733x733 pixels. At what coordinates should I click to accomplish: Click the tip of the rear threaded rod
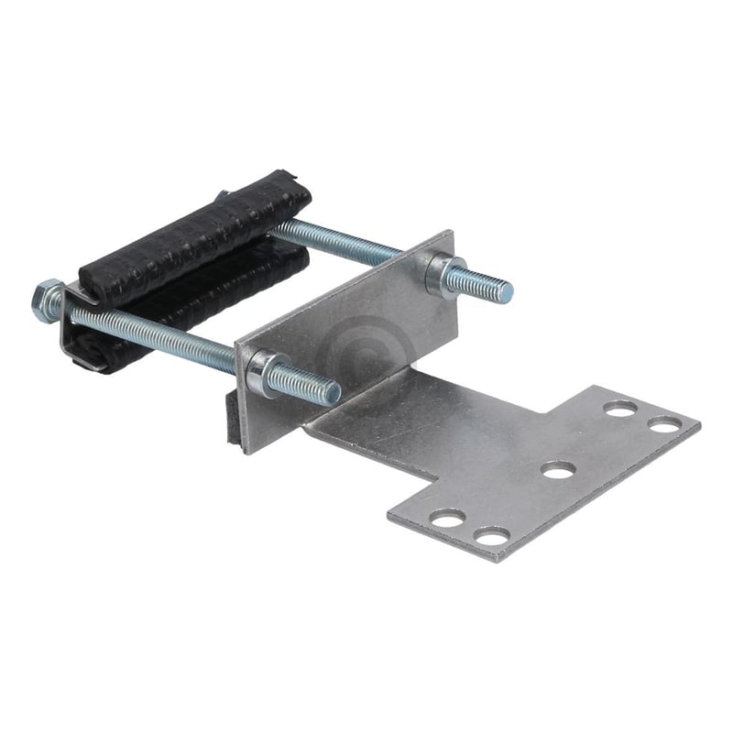(x=507, y=292)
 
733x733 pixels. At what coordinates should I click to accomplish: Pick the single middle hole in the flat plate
(x=558, y=470)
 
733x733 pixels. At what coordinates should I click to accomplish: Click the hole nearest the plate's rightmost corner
(x=664, y=424)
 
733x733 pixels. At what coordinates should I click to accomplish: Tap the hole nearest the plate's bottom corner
(x=492, y=536)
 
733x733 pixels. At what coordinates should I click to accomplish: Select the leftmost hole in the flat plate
(x=447, y=519)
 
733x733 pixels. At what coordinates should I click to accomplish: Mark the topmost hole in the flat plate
(x=621, y=409)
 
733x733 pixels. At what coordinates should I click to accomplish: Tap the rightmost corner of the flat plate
(x=698, y=424)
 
